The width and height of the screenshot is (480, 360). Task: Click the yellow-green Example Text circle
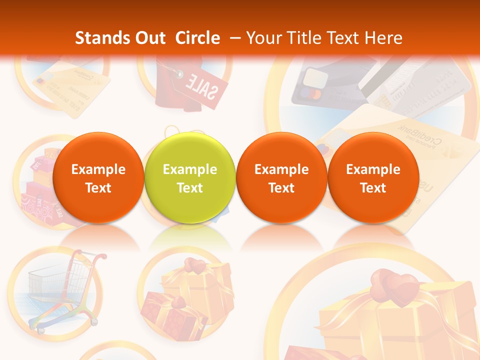pyautogui.click(x=189, y=178)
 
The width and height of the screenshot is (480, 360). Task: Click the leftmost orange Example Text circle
pyautogui.click(x=98, y=178)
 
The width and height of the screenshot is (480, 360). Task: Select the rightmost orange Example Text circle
pyautogui.click(x=373, y=178)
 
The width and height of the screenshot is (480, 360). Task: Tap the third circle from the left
pyautogui.click(x=281, y=178)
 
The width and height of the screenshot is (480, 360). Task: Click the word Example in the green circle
pyautogui.click(x=189, y=169)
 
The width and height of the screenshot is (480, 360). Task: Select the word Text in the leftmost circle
pyautogui.click(x=98, y=188)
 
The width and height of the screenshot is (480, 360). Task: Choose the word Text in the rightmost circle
pyautogui.click(x=373, y=188)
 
